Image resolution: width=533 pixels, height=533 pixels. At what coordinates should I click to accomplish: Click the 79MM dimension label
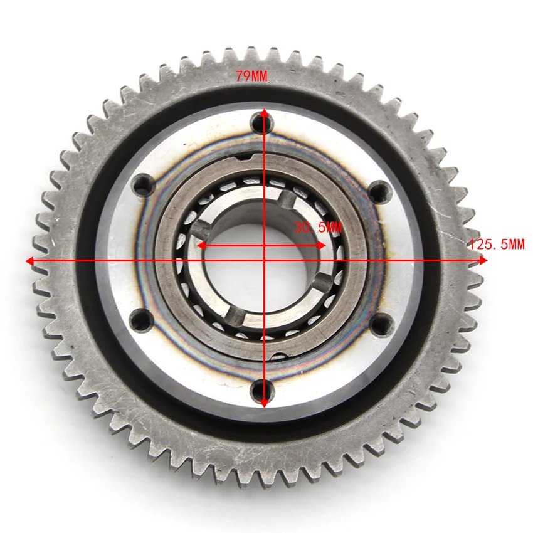251,76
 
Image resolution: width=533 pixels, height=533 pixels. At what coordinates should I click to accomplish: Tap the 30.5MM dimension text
318,227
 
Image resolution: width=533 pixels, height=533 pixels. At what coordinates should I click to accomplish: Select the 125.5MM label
497,244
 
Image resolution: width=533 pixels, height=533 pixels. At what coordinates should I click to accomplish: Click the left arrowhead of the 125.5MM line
29,261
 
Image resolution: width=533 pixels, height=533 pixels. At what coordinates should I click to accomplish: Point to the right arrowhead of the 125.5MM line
483,260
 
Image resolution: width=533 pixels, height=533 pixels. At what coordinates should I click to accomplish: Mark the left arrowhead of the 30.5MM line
201,245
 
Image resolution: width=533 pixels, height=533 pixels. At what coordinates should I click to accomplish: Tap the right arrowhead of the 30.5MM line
322,245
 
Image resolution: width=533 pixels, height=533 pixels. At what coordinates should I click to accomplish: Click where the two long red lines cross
265,261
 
